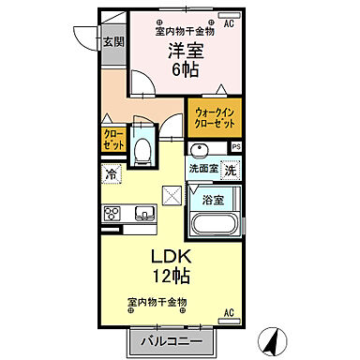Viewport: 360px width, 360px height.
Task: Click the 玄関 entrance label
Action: point(112,41)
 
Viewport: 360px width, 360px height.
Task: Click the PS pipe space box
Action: point(236,147)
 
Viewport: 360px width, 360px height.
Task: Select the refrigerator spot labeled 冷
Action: point(111,174)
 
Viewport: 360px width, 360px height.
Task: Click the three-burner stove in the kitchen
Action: point(112,213)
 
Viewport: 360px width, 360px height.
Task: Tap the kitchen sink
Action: point(144,213)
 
